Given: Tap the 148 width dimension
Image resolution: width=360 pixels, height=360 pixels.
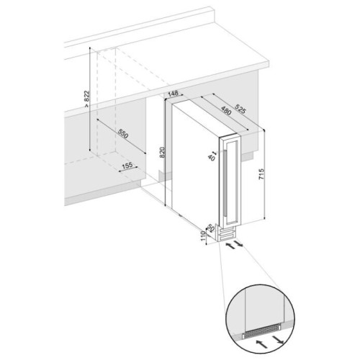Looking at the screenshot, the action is [173, 94].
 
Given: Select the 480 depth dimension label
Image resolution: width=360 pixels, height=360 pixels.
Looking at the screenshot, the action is [226, 110].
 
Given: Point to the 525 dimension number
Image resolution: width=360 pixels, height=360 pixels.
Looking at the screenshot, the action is [240, 109].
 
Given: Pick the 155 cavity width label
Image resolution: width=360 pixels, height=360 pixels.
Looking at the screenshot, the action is [127, 166].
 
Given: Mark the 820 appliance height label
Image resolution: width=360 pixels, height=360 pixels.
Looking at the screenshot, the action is [163, 152].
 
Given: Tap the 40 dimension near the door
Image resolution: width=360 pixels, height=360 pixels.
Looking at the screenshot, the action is [211, 158].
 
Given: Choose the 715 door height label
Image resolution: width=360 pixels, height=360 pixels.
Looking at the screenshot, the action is [261, 174].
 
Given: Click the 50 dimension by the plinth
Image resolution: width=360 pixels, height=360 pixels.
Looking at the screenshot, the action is [210, 228].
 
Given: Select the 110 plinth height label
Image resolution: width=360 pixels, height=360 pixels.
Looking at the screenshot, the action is [203, 236].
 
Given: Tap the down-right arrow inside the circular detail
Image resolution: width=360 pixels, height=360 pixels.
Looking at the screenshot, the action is [278, 338].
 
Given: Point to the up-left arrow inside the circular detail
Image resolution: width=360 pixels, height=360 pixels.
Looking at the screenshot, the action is [261, 342].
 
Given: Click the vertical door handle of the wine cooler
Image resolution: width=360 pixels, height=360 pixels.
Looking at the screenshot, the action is [225, 182].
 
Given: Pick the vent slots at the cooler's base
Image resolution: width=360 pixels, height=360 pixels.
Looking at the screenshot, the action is [227, 235].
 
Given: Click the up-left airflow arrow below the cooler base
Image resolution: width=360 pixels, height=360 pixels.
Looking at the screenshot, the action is [230, 246].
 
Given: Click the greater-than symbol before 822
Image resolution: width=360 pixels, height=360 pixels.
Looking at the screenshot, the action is [86, 105].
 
